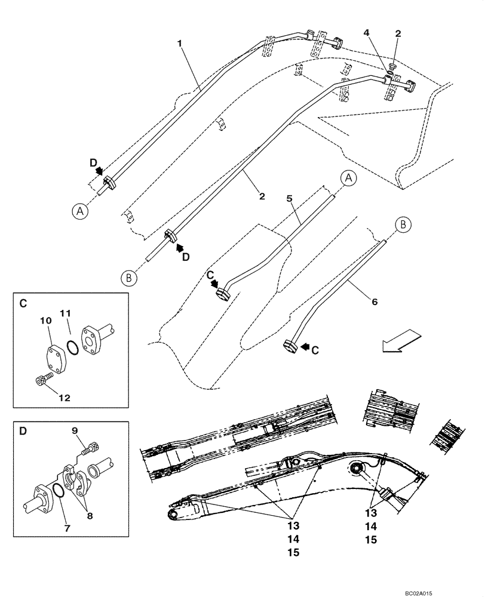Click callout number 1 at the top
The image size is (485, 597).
coord(180,44)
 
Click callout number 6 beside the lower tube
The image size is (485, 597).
coord(375,302)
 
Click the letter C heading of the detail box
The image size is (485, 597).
coord(23,304)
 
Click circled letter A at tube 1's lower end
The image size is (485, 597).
coord(80,211)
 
